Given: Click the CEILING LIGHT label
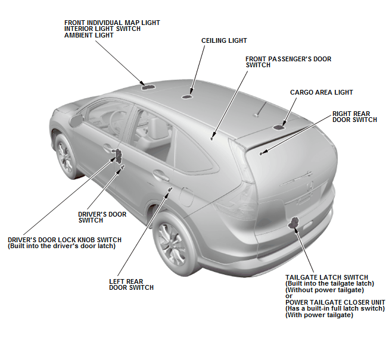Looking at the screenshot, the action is point(224,40).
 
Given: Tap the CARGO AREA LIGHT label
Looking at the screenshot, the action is point(321,92).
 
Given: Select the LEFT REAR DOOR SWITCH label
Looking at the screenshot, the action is point(131,284).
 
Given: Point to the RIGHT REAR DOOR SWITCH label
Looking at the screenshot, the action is point(354,117).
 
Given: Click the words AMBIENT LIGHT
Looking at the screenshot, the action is point(89,35).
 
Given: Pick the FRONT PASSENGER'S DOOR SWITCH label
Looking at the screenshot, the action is point(288,62).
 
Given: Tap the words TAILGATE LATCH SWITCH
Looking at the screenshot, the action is point(326,277).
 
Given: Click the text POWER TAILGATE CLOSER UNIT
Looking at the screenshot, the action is point(335,302).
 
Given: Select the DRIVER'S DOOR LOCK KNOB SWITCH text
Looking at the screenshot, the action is point(64,240).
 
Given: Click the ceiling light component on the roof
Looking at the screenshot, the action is point(186,96).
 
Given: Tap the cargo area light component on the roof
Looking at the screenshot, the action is point(279,127).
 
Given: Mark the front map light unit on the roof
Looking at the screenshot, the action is point(148,87).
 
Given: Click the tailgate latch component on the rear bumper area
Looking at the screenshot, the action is point(294,223).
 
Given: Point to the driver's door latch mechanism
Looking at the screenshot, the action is point(117,154).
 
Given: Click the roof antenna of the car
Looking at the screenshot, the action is point(260,109).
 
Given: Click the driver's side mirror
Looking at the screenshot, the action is point(76,120).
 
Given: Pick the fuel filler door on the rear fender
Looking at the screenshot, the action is point(186,196).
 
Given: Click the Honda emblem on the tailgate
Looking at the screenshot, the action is point(310,186).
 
